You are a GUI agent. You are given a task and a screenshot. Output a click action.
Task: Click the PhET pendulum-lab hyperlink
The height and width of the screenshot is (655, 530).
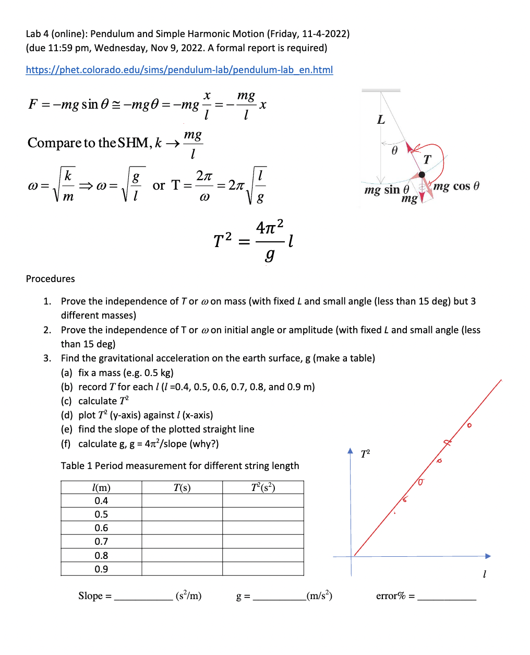[179, 70]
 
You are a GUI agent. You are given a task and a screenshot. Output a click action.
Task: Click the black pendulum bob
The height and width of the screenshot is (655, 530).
[421, 174]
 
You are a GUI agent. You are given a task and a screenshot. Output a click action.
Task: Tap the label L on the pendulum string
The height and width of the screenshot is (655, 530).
[381, 120]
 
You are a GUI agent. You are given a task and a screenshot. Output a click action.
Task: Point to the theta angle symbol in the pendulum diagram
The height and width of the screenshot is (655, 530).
[394, 150]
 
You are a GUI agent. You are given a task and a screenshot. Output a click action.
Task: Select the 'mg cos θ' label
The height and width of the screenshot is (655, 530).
[456, 186]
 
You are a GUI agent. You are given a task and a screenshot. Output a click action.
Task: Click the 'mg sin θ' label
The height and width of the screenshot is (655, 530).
[387, 190]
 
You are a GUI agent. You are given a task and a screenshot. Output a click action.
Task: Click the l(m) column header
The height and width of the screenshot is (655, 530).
[101, 487]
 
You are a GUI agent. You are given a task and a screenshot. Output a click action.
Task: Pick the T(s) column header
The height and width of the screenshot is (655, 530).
[182, 487]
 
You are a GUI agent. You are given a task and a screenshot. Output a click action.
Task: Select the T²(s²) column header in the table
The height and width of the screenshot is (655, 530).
[263, 487]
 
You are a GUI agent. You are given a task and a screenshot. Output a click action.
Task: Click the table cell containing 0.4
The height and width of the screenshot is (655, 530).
[101, 501]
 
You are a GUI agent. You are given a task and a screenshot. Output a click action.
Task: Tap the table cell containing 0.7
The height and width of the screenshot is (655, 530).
[101, 542]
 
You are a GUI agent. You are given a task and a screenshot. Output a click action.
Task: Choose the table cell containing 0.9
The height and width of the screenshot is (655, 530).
[101, 569]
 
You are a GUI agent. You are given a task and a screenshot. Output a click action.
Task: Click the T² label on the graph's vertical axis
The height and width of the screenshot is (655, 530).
[365, 453]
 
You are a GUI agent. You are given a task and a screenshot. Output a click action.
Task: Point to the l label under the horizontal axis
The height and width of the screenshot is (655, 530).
[485, 574]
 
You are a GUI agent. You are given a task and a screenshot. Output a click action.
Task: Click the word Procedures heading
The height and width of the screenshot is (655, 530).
[51, 279]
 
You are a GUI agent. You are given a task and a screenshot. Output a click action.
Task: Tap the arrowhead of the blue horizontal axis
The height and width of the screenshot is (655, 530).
[488, 556]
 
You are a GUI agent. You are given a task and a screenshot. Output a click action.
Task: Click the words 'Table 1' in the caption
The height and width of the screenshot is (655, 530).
[76, 466]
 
